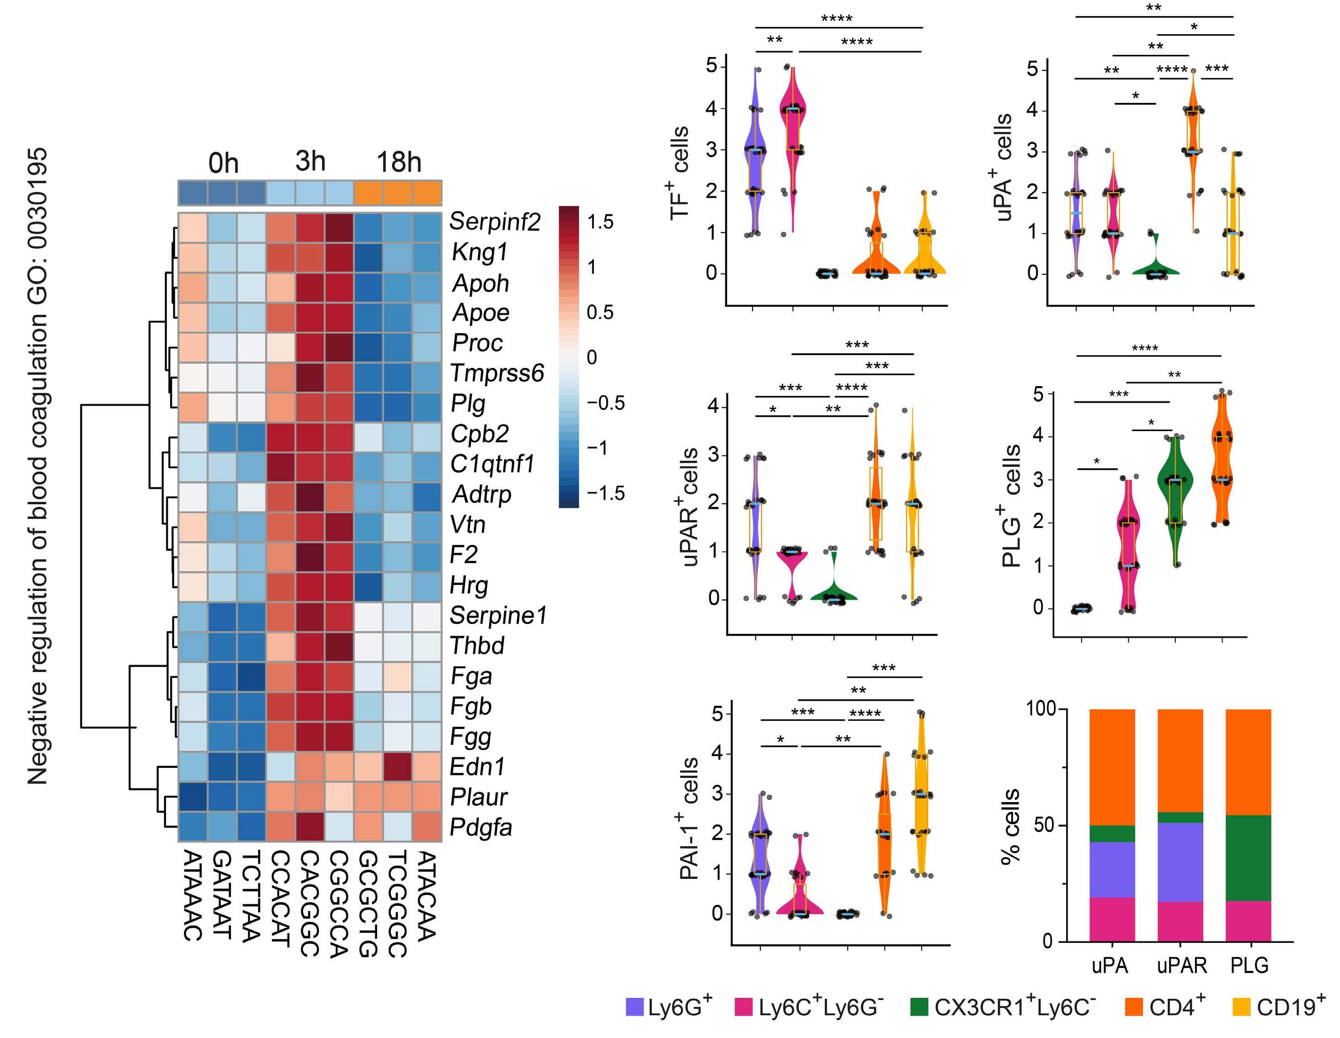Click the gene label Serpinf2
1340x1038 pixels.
(495, 222)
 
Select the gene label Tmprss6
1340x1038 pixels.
(497, 373)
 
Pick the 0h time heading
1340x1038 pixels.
(223, 164)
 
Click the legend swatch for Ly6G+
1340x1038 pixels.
(634, 1007)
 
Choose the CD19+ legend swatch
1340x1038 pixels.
(1241, 1007)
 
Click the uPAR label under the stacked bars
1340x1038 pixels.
(1181, 966)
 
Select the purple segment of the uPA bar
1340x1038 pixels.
(1112, 870)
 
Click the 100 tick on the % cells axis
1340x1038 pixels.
(1041, 709)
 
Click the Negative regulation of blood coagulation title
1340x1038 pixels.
(38, 466)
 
